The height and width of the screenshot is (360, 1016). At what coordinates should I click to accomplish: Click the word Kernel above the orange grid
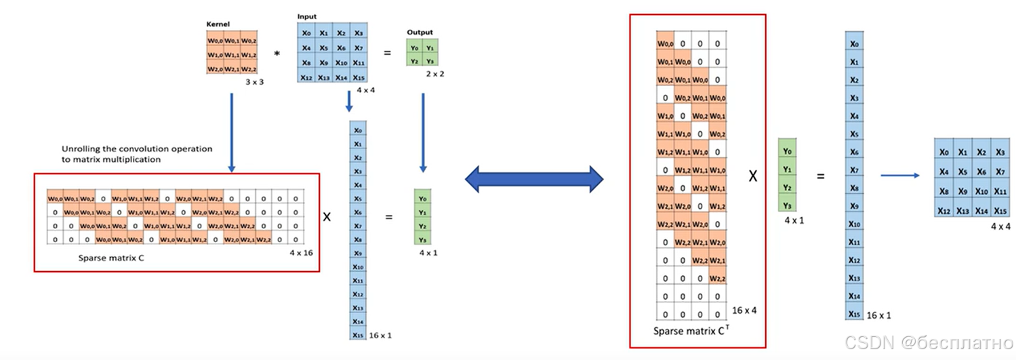(x=216, y=24)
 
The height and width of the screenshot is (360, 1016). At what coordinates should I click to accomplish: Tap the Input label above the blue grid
(x=306, y=16)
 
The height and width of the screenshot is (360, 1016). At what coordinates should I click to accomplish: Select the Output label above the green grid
(x=420, y=33)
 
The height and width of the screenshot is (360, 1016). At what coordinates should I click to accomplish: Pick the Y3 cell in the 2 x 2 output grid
(x=428, y=60)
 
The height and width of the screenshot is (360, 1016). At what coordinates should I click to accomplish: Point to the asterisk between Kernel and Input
(x=277, y=54)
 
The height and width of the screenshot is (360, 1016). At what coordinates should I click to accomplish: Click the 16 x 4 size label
(x=744, y=311)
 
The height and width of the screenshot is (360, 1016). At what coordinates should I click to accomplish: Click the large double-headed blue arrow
(x=534, y=179)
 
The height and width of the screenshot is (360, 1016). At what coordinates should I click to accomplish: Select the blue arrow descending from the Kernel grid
(x=231, y=132)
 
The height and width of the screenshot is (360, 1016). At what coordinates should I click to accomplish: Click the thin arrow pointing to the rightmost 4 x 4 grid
(x=899, y=176)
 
